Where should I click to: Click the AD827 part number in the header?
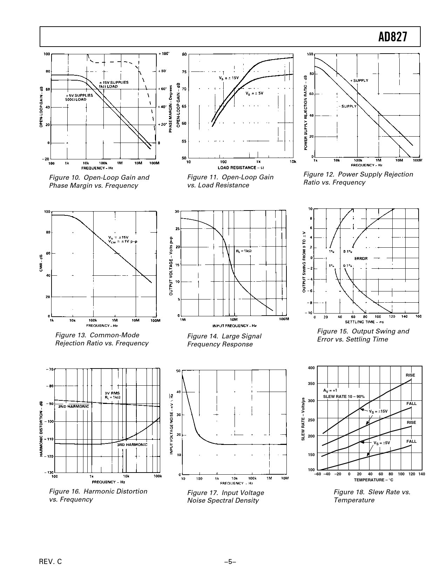393,37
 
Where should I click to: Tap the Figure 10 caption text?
99,181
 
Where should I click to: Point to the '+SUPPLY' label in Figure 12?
359,81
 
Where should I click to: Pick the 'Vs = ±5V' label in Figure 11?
254,94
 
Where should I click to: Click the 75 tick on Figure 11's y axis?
184,72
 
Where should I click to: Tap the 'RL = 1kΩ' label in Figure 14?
244,251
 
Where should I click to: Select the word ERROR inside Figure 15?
361,259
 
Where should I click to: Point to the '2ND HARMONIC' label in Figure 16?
74,406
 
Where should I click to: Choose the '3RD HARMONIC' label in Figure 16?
132,445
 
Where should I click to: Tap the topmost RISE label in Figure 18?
410,375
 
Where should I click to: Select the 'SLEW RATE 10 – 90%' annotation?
344,397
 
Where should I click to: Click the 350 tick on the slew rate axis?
311,384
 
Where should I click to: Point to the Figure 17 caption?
225,496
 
